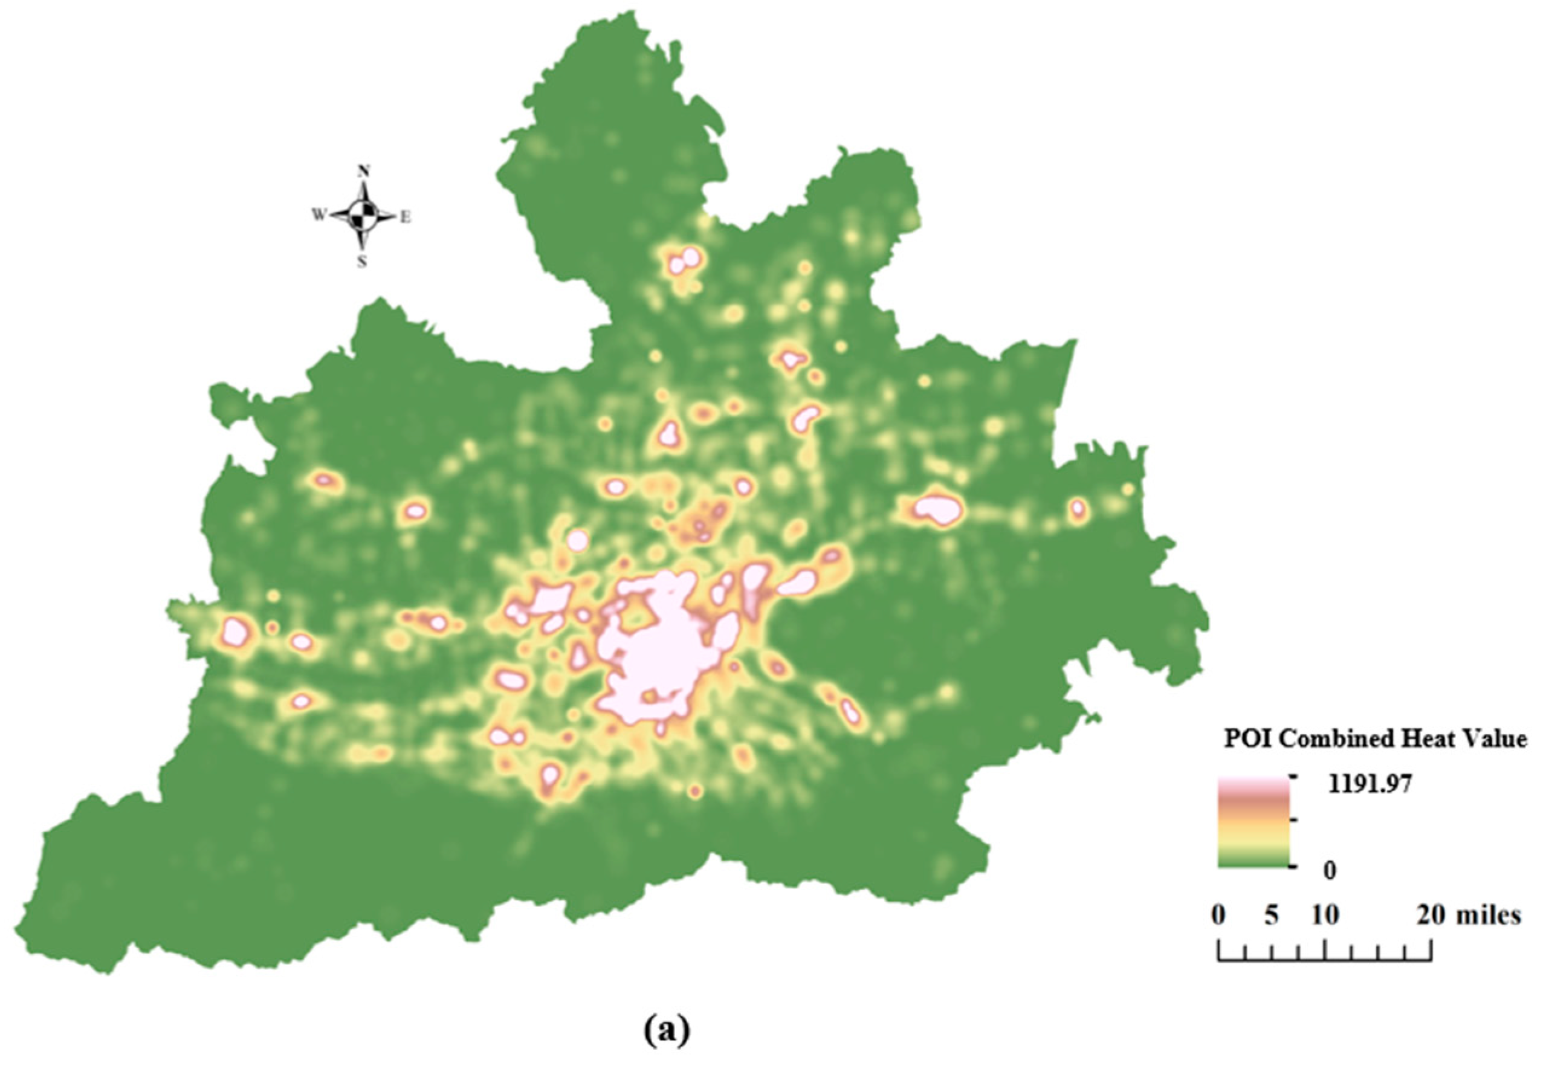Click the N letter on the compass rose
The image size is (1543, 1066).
[363, 172]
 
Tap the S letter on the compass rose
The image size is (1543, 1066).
[361, 262]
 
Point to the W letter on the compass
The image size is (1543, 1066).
[319, 215]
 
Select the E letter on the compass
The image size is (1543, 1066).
[405, 216]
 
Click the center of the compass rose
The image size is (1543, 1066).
[363, 216]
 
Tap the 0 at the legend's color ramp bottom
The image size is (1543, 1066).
[1330, 871]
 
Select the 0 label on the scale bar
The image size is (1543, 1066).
[1218, 915]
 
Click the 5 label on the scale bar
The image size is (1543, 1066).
[1271, 915]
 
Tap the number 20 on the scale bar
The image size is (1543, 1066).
[1431, 915]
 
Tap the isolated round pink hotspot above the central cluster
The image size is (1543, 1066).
[578, 540]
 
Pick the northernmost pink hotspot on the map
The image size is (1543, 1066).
[685, 260]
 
